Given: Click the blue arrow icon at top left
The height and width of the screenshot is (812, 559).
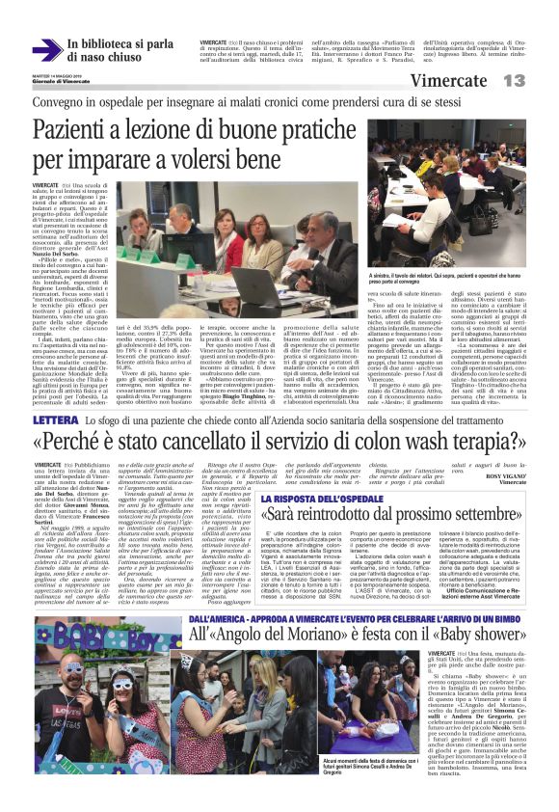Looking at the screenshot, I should (x=46, y=50).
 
